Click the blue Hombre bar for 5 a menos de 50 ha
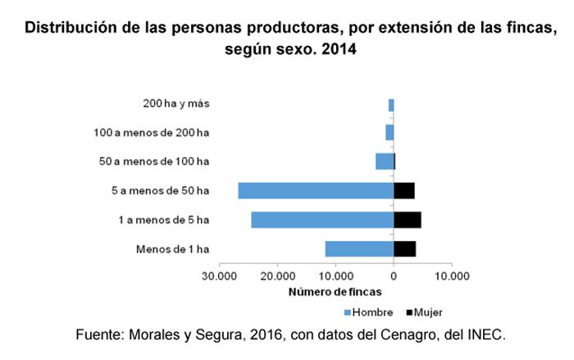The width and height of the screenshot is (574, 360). pos(316,190)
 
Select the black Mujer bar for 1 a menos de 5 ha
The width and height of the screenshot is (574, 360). pos(408,220)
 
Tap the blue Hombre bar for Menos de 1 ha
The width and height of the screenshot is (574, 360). pos(359,248)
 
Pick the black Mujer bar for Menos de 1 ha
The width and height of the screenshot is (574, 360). pos(405,248)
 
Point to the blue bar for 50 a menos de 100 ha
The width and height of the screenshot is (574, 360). pos(385,162)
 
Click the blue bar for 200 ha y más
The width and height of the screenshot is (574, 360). pos(391,105)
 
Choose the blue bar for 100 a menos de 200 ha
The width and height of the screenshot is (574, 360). pos(389,133)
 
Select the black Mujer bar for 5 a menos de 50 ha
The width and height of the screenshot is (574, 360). pos(404,190)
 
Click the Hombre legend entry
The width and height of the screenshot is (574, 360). pos(367,312)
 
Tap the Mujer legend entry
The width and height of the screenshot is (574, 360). pos(423,312)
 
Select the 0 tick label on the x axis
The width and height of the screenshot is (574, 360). pos(394,276)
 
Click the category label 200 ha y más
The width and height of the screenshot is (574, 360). pos(175,104)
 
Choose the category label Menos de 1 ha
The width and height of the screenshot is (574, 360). pos(172,248)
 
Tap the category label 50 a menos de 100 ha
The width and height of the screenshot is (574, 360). pos(154,162)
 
